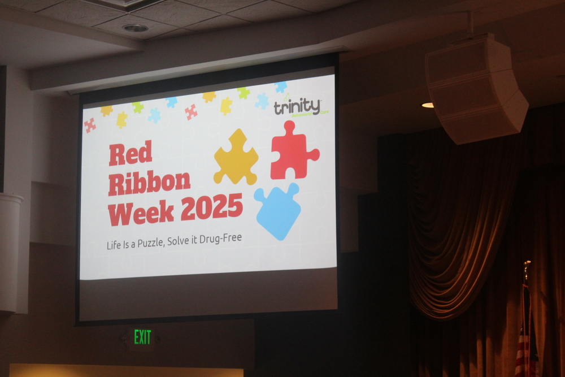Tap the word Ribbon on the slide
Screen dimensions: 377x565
click(x=149, y=183)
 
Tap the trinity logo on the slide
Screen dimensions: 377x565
click(x=297, y=106)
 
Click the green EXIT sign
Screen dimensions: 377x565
click(x=142, y=337)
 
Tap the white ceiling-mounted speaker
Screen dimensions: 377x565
click(x=473, y=88)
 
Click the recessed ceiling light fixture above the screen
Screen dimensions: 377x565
click(x=135, y=28)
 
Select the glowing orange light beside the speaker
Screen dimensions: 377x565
click(x=428, y=105)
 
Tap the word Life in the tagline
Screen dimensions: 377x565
click(x=114, y=245)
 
